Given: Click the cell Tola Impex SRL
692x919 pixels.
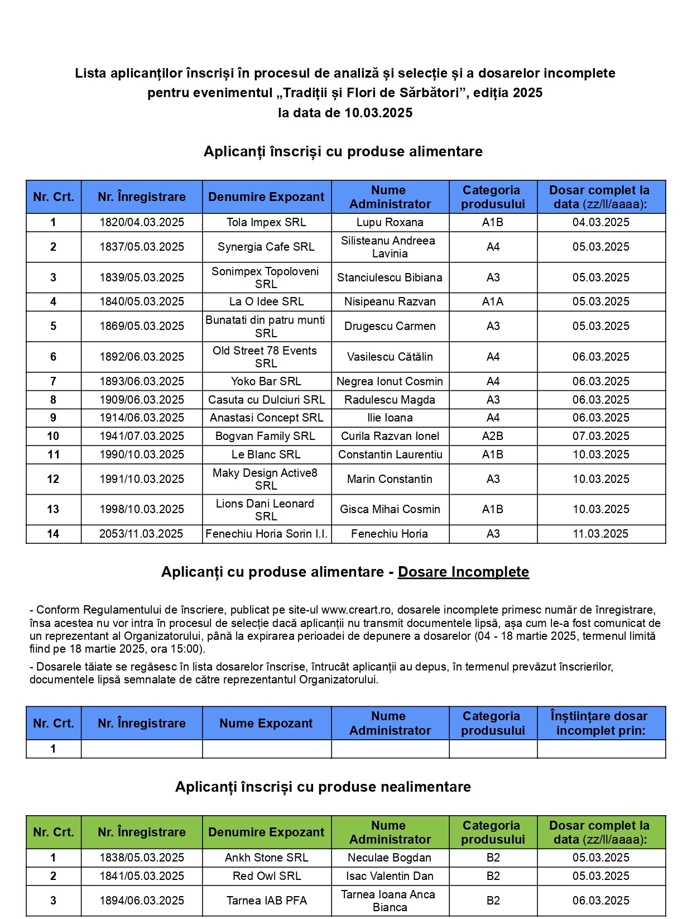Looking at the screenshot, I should (266, 222).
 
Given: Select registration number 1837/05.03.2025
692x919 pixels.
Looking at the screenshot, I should (142, 247).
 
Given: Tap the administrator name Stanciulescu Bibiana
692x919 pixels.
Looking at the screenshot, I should (390, 277).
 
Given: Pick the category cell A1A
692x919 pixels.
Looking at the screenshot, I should (493, 301).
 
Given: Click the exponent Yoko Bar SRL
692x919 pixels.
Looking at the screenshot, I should (266, 381).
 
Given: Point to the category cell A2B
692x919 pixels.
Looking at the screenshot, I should (493, 436).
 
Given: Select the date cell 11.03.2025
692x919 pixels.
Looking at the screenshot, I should (600, 534).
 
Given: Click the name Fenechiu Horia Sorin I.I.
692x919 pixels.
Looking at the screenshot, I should (266, 534).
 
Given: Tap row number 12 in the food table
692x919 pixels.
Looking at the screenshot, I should (53, 479).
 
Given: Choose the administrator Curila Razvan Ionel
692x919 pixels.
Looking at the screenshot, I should (390, 436).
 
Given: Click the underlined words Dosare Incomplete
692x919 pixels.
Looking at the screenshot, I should (463, 572).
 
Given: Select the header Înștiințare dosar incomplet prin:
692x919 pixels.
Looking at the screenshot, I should (600, 723).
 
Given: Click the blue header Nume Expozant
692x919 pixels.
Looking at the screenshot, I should (266, 723).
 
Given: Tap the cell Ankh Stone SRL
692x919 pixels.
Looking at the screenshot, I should (266, 858).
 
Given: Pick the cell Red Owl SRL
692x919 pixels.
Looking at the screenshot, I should (266, 876).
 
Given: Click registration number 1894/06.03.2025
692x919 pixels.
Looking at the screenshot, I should (142, 901).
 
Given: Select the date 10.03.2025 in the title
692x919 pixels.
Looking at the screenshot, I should (378, 113).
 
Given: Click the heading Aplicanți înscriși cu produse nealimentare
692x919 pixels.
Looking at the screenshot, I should (323, 787).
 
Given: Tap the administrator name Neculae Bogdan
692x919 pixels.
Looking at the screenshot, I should (390, 858).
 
